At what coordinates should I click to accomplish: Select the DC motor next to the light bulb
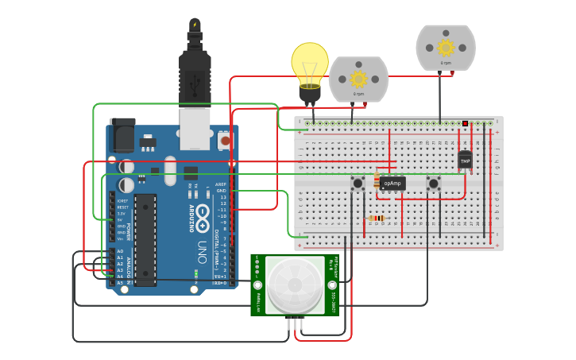coord(358,79)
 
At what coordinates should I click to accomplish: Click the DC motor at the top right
coord(446,47)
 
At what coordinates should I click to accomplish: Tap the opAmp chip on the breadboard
coord(392,184)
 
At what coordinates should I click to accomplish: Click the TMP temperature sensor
coord(465,161)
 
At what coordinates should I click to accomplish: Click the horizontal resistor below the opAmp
coord(377,218)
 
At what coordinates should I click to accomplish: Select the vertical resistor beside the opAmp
coord(377,182)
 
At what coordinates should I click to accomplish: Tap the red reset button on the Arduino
coord(225,141)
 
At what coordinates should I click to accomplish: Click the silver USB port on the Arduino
coord(195,129)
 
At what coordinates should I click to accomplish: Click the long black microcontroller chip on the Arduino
coord(145,238)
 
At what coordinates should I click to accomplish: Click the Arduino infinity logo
coord(203,212)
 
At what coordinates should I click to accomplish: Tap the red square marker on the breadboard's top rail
coord(465,123)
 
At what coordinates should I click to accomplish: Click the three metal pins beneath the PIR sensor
coord(296,322)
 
